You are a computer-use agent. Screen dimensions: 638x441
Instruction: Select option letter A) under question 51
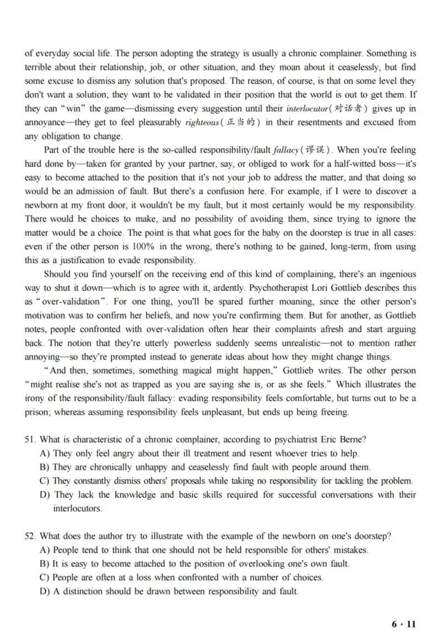pyautogui.click(x=46, y=453)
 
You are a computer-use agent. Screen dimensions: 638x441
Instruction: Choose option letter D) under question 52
pyautogui.click(x=46, y=591)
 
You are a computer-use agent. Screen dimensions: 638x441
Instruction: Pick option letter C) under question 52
pyautogui.click(x=46, y=577)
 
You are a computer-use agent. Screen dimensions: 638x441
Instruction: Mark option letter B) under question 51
pyautogui.click(x=46, y=467)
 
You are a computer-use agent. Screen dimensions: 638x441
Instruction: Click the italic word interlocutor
pyautogui.click(x=309, y=109)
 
